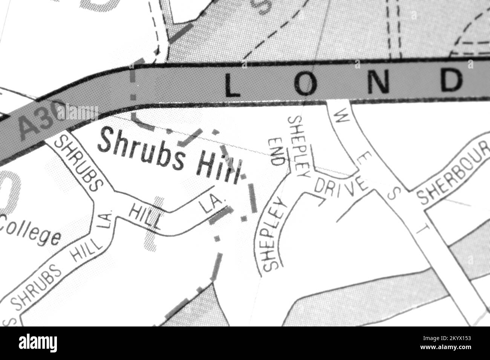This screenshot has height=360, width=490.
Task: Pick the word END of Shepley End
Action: click(276, 152)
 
